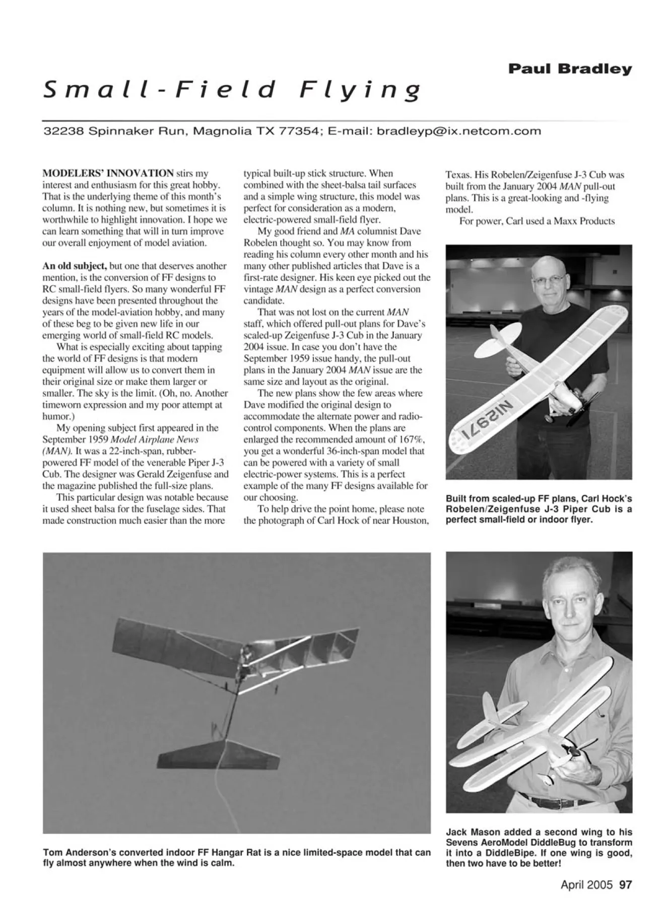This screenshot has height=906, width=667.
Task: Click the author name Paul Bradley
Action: click(x=569, y=69)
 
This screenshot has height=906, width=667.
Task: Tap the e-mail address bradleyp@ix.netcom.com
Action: click(x=458, y=131)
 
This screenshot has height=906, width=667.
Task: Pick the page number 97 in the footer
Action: click(x=625, y=885)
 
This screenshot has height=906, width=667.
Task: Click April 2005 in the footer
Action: click(x=586, y=885)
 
